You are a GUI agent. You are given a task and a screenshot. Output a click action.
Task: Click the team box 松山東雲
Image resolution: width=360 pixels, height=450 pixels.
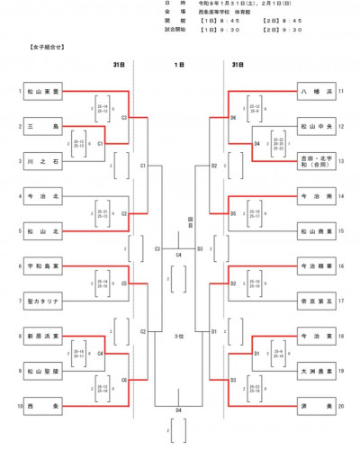coord(43,91)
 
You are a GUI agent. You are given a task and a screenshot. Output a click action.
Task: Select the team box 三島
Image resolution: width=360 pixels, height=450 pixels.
coord(43,127)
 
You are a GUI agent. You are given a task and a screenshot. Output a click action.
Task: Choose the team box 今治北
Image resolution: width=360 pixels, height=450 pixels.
coord(43,195)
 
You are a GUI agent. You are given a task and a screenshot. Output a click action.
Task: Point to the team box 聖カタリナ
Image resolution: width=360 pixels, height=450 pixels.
coord(43,301)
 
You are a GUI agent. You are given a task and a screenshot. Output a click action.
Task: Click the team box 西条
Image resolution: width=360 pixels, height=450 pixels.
coord(43,406)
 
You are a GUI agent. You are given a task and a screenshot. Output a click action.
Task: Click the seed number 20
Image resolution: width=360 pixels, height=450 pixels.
coord(343,406)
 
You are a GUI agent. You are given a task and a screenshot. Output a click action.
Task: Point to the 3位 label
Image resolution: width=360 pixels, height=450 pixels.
coord(178,336)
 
